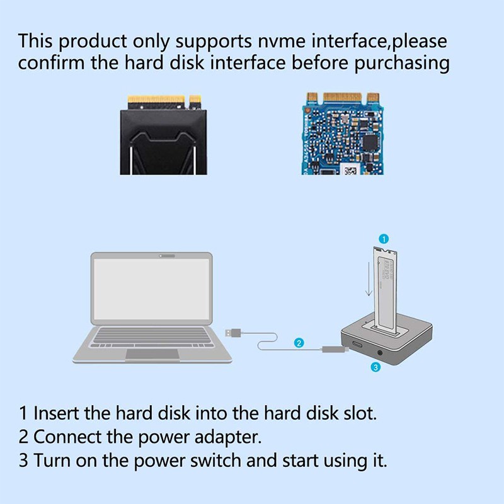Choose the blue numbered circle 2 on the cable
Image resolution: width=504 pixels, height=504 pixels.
tap(299, 343)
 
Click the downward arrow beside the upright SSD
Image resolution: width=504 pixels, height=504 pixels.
tap(368, 280)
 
